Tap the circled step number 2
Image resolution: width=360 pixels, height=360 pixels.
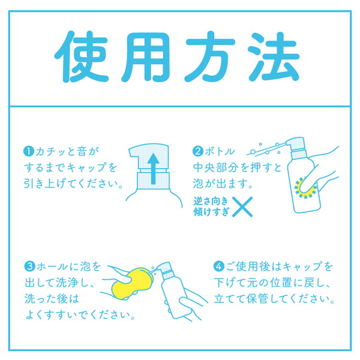point(197,151)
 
